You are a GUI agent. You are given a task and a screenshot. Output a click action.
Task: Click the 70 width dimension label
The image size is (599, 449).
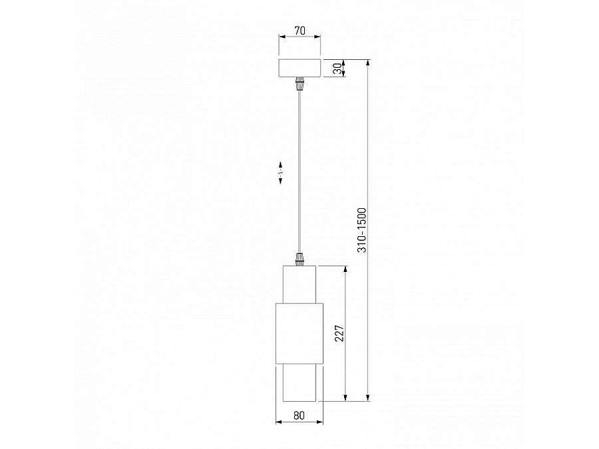[299, 30]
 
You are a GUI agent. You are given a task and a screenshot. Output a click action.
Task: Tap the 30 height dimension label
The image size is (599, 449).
[337, 68]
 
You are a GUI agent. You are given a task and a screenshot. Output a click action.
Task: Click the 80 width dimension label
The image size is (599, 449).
[299, 416]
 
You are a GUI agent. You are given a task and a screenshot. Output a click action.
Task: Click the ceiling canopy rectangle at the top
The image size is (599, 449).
[299, 68]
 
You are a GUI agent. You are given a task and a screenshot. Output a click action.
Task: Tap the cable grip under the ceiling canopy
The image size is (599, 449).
[299, 84]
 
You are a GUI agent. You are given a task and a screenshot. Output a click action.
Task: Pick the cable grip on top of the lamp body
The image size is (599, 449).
[299, 258]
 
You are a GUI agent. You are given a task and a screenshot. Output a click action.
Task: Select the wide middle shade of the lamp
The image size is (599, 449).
[299, 333]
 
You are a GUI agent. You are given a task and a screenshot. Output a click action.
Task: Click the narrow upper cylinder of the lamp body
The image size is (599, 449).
[299, 283]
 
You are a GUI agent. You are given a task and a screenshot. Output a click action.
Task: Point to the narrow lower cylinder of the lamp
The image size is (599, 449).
[299, 382]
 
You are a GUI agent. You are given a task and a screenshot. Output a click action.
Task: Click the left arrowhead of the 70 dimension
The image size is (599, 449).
[281, 37]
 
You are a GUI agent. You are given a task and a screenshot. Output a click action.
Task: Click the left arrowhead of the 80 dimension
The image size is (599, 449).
[278, 422]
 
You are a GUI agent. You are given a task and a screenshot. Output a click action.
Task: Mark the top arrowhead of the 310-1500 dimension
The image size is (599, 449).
[368, 62]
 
